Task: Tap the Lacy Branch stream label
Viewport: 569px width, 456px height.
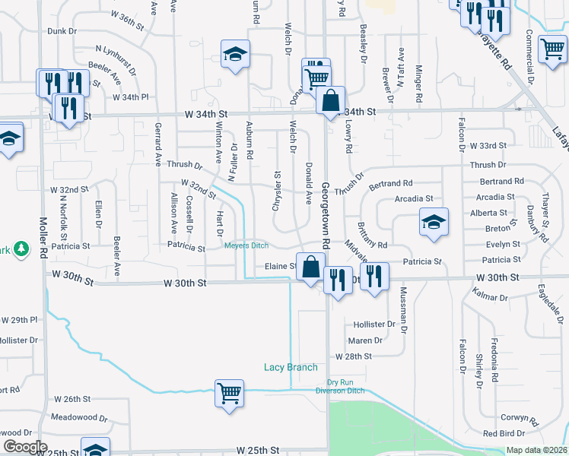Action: pos(291,367)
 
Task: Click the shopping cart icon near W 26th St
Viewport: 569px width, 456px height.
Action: pos(229,394)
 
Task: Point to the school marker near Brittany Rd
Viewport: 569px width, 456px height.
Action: pos(434,222)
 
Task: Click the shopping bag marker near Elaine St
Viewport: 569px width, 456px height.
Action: pos(310,267)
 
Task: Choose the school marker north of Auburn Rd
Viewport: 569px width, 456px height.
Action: pos(236,54)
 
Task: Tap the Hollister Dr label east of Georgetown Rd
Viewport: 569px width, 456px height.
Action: pos(374,324)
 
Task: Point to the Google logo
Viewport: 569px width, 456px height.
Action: pos(24,447)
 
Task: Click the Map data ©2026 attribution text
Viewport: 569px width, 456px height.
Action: pos(536,450)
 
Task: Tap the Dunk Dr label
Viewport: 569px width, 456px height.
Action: pos(62,31)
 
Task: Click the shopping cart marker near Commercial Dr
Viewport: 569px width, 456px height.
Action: pos(552,49)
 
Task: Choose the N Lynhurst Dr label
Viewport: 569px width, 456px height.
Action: pos(116,59)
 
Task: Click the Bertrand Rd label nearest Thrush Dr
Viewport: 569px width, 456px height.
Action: pos(390,183)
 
